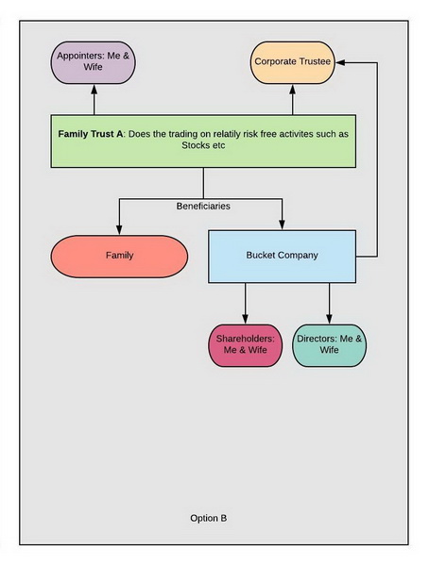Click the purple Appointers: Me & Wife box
coord(93,62)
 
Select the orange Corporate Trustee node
coord(293,62)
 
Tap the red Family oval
coord(119,257)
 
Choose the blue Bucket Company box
coord(283,257)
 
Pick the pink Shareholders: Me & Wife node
coord(246,345)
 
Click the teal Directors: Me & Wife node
coord(329,345)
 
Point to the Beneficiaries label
coord(203,206)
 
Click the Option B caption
coord(209,518)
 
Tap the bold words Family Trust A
coord(91,134)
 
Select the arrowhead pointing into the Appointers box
coord(94,90)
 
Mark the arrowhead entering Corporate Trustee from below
coord(293,90)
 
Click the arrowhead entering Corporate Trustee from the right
coord(340,62)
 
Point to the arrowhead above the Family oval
coord(119,230)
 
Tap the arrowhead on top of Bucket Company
coord(283,225)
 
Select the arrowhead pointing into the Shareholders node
coord(246,319)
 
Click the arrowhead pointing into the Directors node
coord(329,319)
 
